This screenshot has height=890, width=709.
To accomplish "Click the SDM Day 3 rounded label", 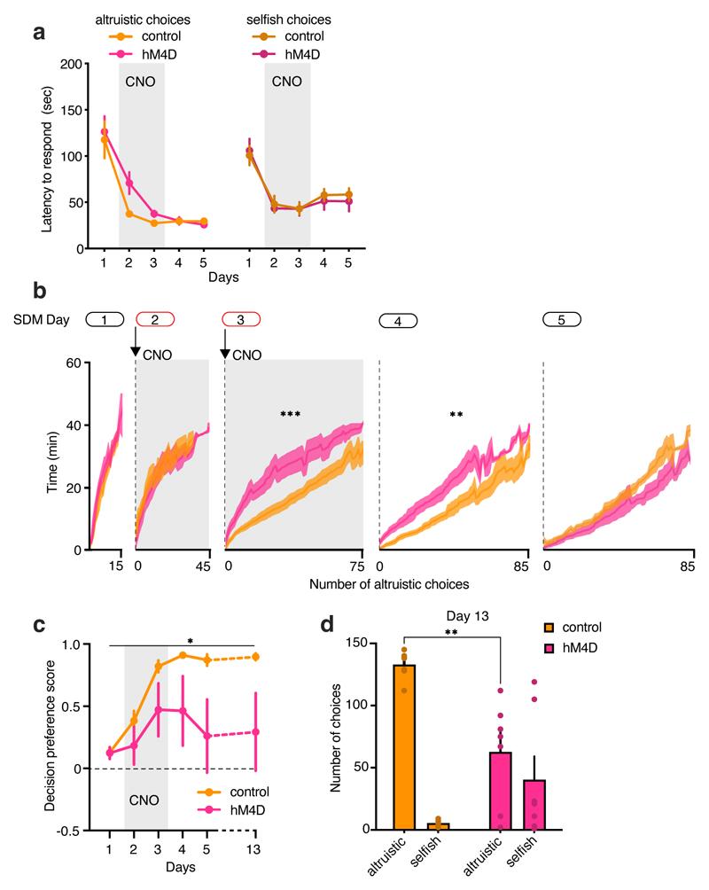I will [242, 318].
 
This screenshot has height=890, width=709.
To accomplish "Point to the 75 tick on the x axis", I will [358, 566].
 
